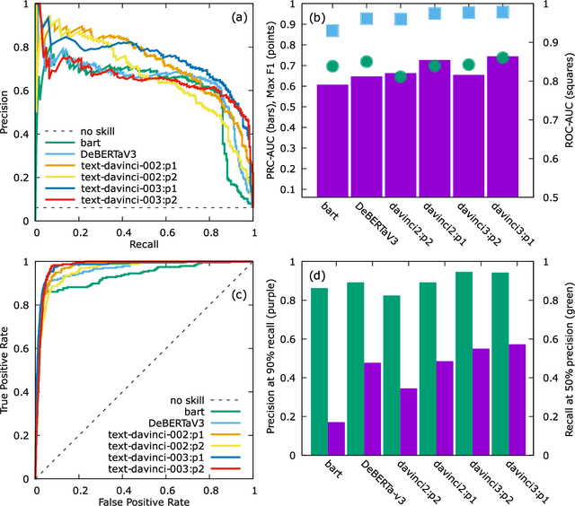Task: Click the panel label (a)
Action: [235, 17]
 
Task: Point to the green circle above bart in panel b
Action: [332, 65]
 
